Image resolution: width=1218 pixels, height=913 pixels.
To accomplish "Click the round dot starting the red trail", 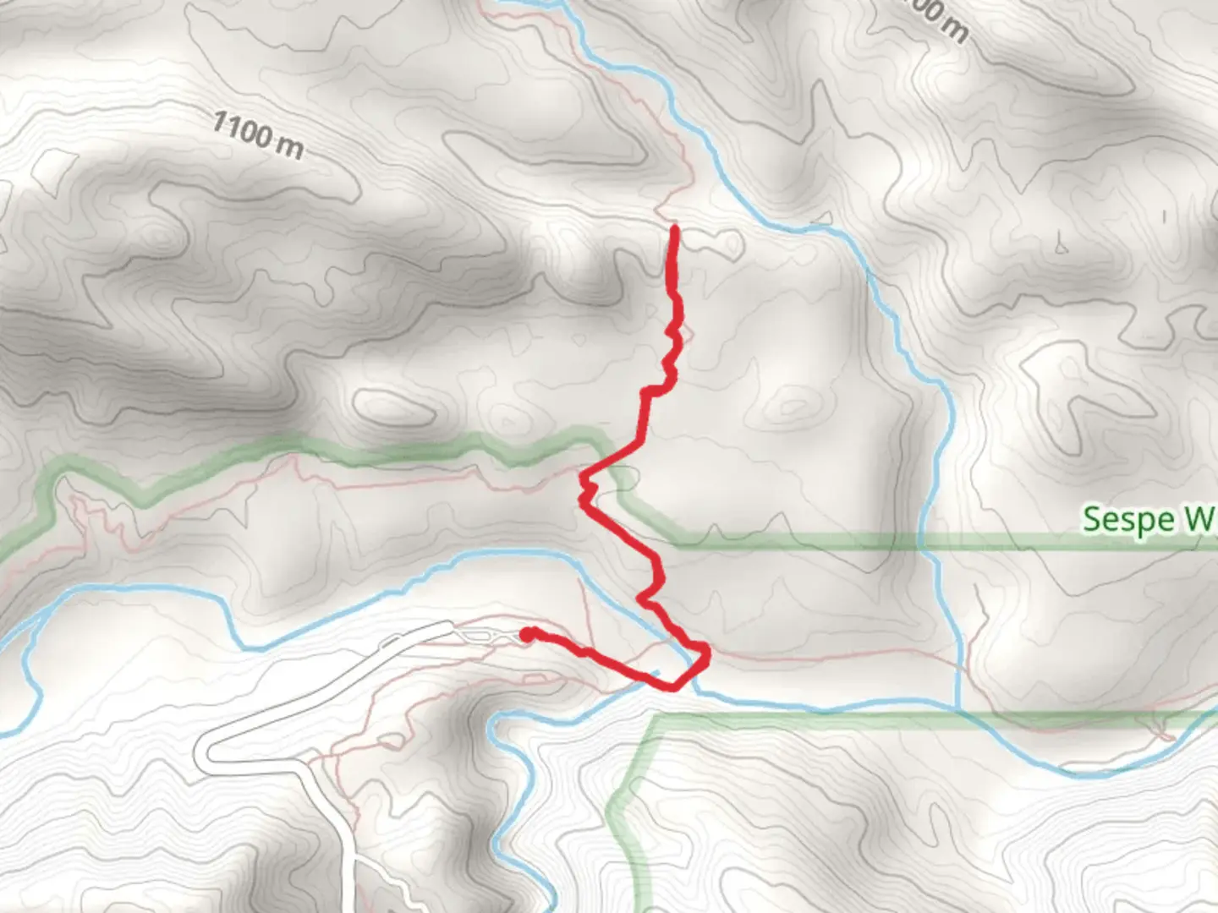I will click(526, 634).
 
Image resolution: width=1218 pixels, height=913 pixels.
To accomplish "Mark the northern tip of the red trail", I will click(674, 227).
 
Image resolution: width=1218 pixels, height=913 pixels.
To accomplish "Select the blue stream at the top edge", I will click(524, 4).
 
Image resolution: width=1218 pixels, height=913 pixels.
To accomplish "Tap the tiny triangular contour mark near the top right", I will click(1060, 248).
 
